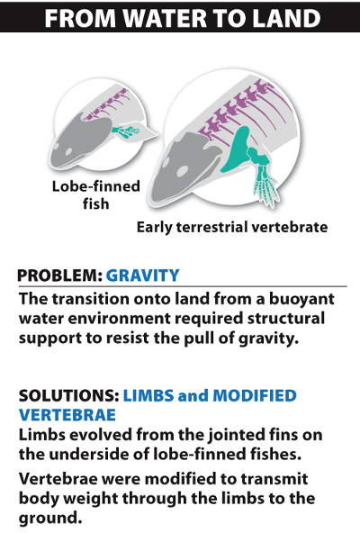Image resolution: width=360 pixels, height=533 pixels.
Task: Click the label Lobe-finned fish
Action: (x=96, y=195)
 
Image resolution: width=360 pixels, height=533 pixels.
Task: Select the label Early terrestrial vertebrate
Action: (x=232, y=227)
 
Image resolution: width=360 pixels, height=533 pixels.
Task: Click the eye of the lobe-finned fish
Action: (x=68, y=151)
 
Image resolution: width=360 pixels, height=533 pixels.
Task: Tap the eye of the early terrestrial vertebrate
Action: (x=184, y=171)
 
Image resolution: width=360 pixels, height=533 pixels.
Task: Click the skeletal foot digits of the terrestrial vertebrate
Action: (x=267, y=190)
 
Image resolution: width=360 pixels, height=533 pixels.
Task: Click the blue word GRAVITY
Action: (x=143, y=276)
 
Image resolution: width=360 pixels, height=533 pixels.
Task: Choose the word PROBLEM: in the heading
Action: (x=59, y=276)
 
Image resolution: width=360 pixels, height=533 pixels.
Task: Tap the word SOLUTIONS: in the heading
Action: (x=68, y=395)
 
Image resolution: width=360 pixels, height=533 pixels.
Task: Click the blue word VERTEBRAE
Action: (x=67, y=415)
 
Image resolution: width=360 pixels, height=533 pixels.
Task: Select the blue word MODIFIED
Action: (x=255, y=395)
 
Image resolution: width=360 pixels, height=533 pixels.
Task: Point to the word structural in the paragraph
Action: (x=286, y=319)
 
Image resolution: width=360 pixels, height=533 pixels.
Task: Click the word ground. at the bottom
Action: (x=50, y=519)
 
